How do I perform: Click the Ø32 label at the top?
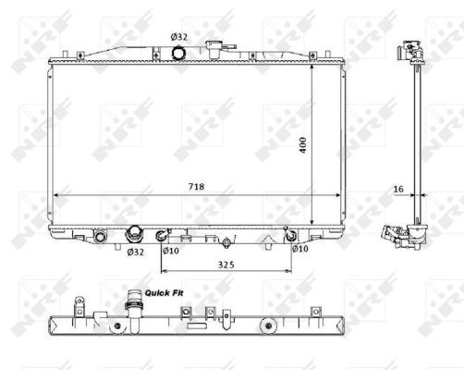[x=177, y=37]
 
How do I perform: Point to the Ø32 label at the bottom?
[x=135, y=252]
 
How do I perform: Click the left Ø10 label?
[x=170, y=250]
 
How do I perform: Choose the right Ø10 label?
[x=299, y=248]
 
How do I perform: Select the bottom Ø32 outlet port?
[x=134, y=234]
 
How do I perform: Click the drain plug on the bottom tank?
[x=225, y=243]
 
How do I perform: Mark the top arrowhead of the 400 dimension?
[x=311, y=66]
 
